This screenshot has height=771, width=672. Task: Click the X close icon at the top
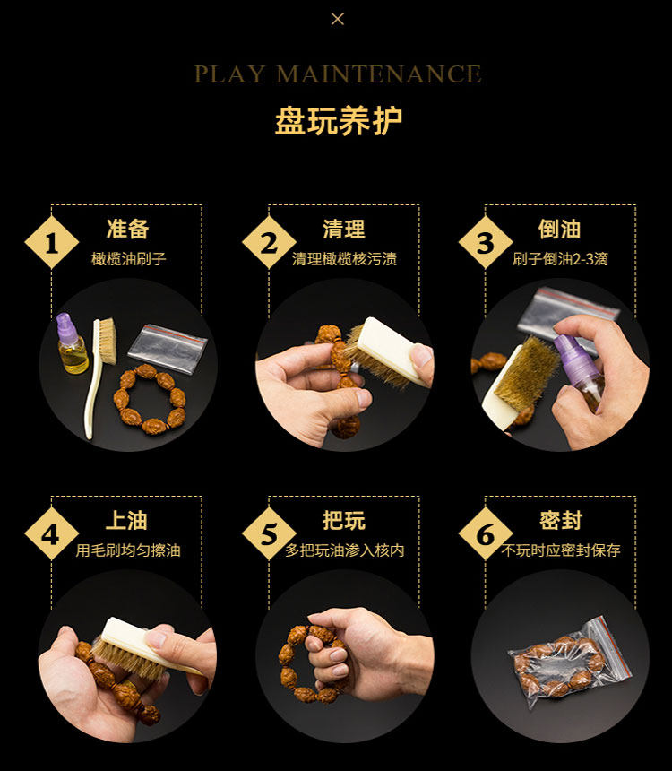coord(338,19)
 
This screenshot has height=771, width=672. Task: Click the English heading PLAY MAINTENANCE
coord(338,74)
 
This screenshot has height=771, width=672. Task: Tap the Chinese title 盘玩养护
coord(338,120)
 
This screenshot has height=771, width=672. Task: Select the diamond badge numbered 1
coord(52,242)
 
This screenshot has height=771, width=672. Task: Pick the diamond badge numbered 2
coord(269,242)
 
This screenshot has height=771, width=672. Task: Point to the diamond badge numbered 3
coord(486,242)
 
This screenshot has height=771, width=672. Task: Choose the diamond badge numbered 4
coord(52,534)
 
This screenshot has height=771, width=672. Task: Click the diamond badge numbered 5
coord(269,534)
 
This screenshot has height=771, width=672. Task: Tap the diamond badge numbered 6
coord(486,534)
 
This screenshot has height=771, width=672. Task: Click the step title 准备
coord(127,230)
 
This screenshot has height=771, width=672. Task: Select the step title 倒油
coord(560,230)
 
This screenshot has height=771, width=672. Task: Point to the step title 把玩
coord(344,520)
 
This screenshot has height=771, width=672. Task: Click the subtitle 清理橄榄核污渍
coord(344,258)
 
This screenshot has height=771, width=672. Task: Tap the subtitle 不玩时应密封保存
coord(560,550)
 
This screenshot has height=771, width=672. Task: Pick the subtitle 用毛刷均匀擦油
coord(128,550)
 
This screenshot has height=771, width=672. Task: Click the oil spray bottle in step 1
coord(72,344)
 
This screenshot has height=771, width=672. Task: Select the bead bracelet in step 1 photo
coord(149,399)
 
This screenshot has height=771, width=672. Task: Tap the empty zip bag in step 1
coord(168,348)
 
